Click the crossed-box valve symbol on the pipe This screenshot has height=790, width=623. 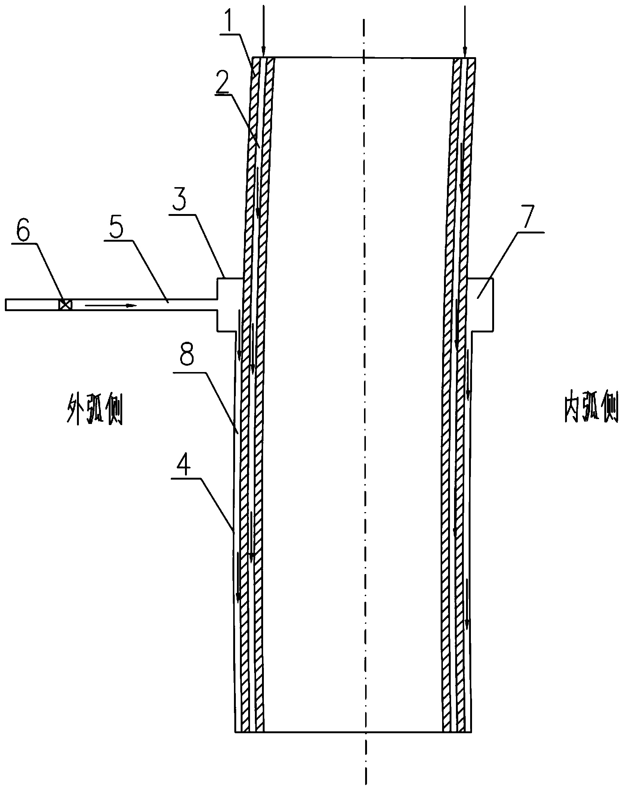[x=65, y=304]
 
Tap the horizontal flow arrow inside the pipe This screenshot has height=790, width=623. [x=111, y=306]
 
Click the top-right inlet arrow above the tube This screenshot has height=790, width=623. [x=465, y=31]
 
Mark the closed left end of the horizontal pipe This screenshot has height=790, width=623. [x=6, y=304]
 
